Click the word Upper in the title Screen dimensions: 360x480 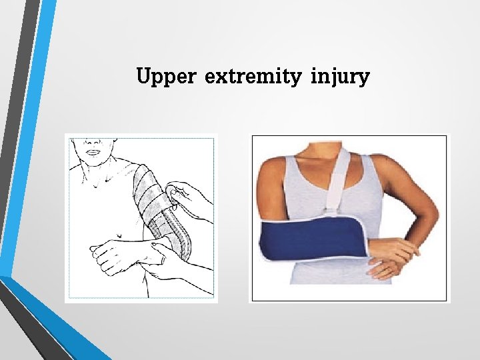click(165, 77)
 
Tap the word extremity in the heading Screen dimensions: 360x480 click(253, 77)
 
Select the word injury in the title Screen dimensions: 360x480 click(339, 77)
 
